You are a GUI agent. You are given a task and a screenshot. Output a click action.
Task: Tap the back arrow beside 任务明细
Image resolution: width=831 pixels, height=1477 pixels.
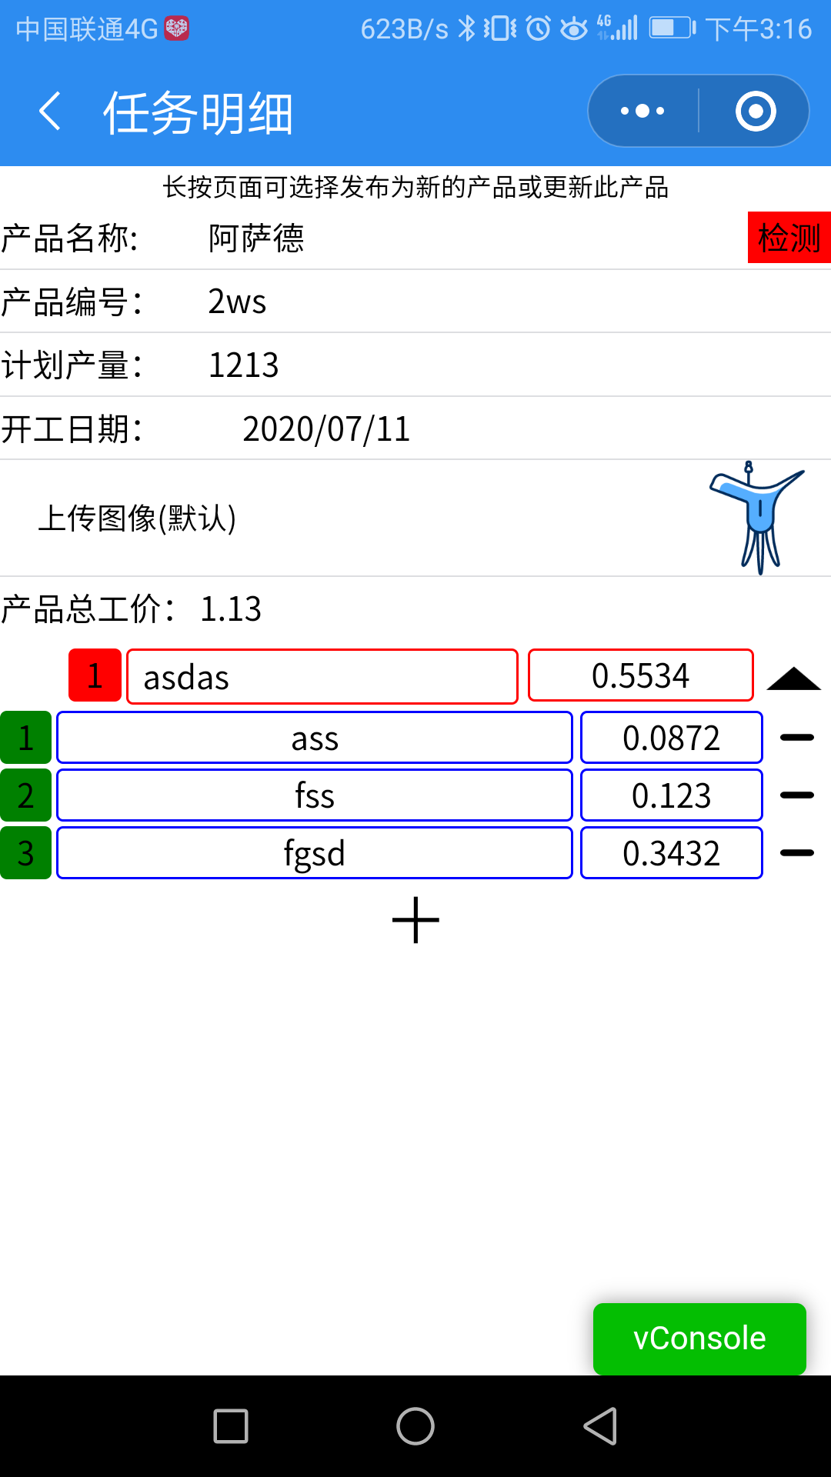pos(50,112)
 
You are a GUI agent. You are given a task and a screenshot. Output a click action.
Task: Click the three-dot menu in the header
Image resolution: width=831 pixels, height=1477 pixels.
pos(642,112)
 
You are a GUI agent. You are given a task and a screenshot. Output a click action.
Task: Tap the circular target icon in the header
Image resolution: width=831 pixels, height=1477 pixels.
pos(755,112)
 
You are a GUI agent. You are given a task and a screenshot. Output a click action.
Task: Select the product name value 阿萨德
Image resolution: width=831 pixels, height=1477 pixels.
pos(256,238)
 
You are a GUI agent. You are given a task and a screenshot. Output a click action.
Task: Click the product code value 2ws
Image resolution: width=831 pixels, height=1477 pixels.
pos(237,302)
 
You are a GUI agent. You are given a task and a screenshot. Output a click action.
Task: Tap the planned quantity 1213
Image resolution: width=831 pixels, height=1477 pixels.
pos(243,365)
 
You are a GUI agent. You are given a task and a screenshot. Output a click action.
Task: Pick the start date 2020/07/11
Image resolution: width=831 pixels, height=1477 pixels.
pos(326,429)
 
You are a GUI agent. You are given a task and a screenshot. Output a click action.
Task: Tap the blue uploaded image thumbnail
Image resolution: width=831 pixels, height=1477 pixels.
pos(758,518)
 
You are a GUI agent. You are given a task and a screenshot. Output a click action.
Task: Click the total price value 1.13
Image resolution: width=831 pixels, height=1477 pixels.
pos(231,609)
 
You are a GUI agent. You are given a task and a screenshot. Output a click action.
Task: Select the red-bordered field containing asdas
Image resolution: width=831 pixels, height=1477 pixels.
pos(322,677)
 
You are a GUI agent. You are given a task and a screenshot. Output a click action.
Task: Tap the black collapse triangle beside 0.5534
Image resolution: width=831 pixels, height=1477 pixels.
pos(794,678)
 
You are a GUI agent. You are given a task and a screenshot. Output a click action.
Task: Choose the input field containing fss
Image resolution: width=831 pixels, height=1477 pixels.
pos(314,795)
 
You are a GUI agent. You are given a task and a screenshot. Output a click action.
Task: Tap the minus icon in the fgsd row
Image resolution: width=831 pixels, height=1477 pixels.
pos(796,853)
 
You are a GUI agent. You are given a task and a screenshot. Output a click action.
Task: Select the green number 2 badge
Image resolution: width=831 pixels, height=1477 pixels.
pos(25,795)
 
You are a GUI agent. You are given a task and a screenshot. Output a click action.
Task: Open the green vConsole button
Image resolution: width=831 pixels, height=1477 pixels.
pos(699,1339)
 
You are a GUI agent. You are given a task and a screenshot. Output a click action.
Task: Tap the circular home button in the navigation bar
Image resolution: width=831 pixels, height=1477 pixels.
pos(415,1426)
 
